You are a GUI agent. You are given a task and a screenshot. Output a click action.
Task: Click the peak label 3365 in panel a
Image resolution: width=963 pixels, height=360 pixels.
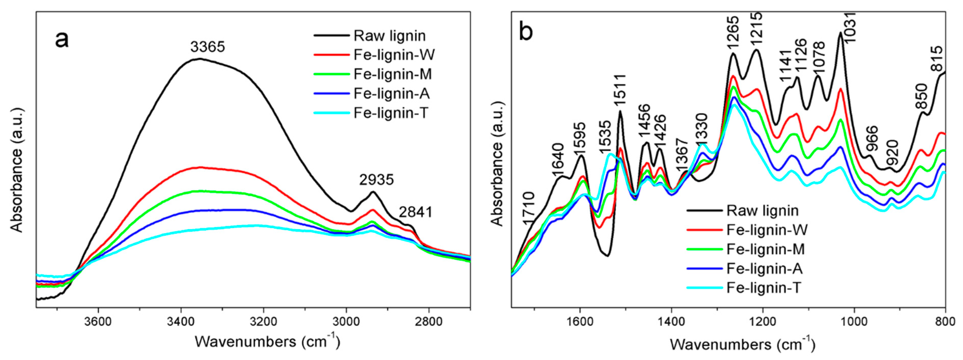(x=207, y=47)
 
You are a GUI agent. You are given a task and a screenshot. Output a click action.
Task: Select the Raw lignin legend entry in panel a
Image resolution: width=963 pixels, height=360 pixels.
(x=389, y=36)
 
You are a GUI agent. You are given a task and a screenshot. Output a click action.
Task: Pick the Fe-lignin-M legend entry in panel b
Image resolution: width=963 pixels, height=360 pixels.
(x=765, y=249)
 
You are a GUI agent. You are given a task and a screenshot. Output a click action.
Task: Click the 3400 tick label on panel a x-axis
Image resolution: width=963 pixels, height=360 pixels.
(x=181, y=322)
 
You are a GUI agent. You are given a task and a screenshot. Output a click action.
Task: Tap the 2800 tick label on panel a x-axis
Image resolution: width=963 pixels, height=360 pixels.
(x=429, y=322)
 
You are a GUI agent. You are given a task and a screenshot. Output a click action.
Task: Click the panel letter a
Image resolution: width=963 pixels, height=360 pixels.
(x=62, y=39)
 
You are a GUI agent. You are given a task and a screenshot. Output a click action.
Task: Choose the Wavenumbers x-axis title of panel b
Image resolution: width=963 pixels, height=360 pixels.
(x=742, y=344)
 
